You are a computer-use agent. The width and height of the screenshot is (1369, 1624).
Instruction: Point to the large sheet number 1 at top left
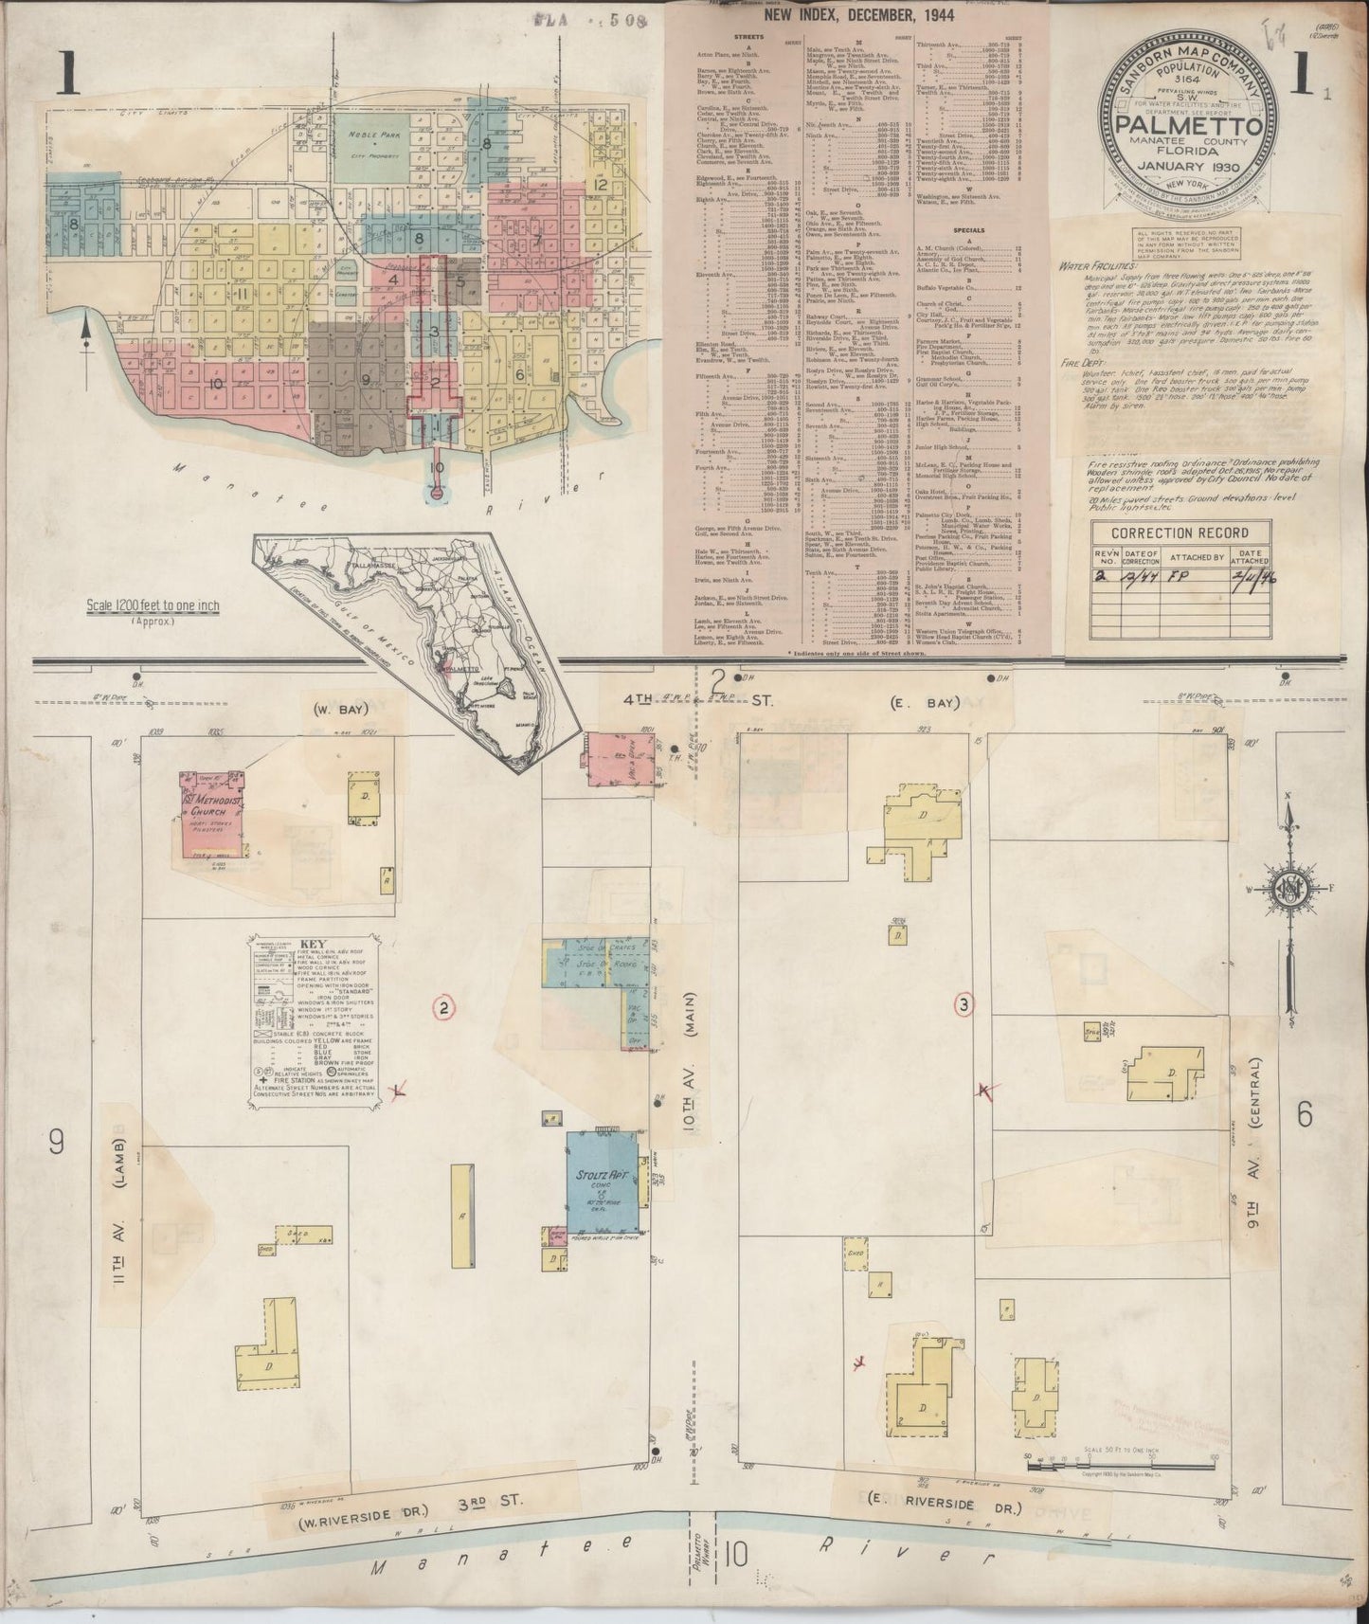[66, 75]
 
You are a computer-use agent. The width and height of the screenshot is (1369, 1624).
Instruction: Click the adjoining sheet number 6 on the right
[1304, 1115]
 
